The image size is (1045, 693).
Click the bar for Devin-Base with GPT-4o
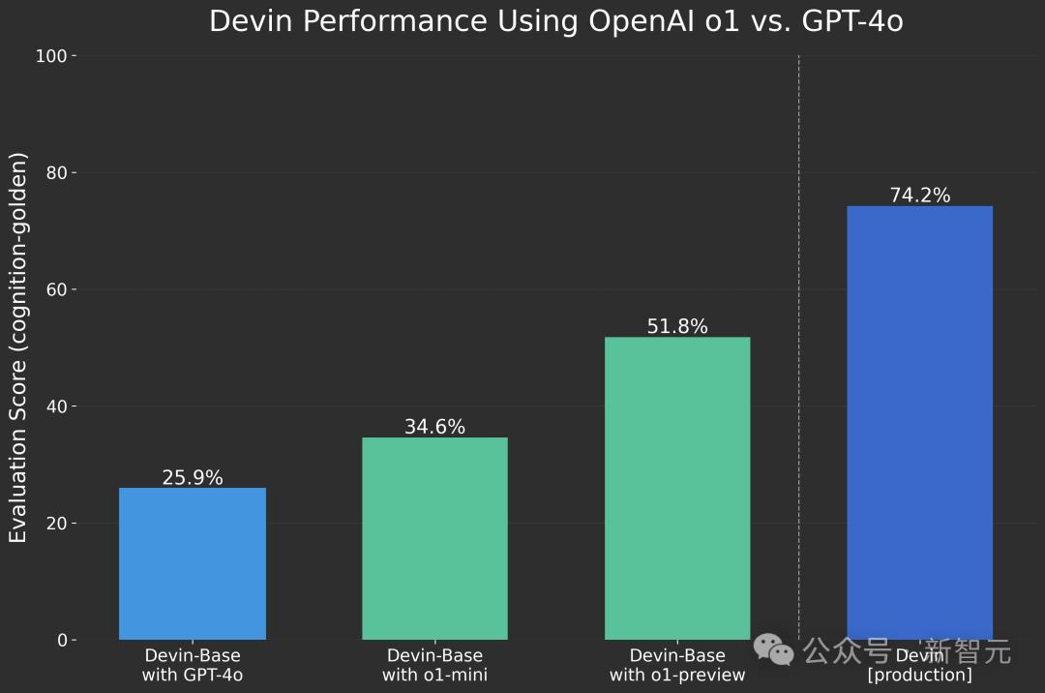coord(192,563)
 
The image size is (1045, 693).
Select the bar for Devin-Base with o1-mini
coord(434,538)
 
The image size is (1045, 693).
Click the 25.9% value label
coord(192,477)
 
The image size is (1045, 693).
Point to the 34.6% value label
coord(434,427)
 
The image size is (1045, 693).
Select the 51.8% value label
coord(677,326)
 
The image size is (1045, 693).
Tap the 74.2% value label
coord(919,196)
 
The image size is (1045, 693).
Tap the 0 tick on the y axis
coord(61,641)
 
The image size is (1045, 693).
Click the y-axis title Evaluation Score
coord(18,346)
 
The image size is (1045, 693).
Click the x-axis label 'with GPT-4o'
coord(192,675)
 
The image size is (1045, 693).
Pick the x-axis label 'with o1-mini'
coord(434,675)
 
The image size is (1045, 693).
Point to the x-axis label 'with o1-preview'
coord(677,675)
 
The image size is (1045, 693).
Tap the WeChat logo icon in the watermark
coord(774,650)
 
